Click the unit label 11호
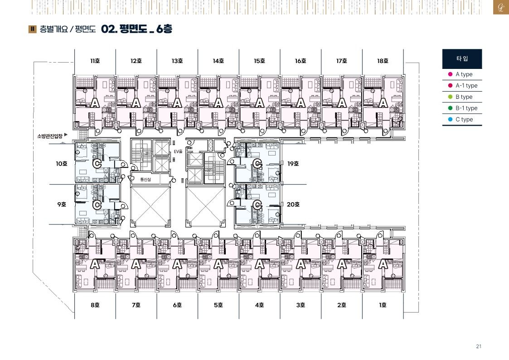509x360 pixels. pos(95,61)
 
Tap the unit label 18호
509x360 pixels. pos(383,61)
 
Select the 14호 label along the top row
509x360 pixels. pos(218,61)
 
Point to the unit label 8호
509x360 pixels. pos(95,305)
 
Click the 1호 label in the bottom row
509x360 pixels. pos(383,305)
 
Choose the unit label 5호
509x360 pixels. pos(218,305)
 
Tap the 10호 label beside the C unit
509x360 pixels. pos(61,164)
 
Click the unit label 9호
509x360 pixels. pos(62,204)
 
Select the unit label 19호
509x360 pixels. pos(293,164)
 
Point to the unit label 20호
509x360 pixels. pos(293,204)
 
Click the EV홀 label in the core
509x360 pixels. pos(178,151)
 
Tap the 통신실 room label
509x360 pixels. pos(145,180)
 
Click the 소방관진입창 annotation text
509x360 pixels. pos(50,136)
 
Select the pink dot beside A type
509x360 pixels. pos(450,74)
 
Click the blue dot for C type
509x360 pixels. pos(450,119)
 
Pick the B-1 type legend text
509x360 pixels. pos(466,108)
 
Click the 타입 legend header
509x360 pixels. pos(462,59)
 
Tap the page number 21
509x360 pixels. pos(479,346)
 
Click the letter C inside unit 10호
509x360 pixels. pos(97,163)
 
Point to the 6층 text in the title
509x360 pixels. pos(164,29)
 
